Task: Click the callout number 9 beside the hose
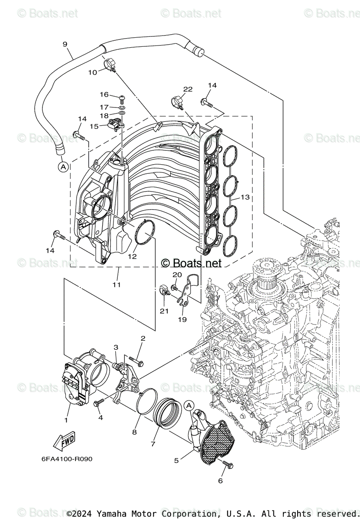[65, 44]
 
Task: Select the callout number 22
[187, 89]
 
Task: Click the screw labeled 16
[121, 97]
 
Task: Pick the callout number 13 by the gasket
[245, 197]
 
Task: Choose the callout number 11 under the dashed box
[117, 285]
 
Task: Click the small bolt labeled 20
[174, 287]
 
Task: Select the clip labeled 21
[165, 289]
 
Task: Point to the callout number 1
[66, 420]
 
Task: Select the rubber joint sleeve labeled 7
[166, 412]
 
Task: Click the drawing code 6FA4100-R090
[67, 459]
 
